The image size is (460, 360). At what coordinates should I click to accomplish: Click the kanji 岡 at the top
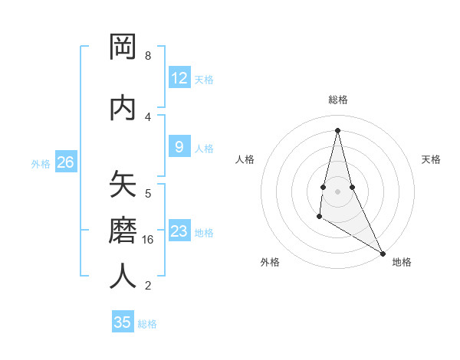point(123,47)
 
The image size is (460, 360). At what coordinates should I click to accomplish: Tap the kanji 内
point(123,108)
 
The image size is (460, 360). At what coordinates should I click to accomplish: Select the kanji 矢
point(123,185)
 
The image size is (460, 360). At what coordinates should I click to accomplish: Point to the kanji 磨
point(123,231)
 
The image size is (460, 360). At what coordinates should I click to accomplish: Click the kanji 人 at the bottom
point(123,277)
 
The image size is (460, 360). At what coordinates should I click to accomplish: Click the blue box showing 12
point(179,78)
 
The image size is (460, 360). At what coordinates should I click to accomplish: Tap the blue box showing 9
point(179,147)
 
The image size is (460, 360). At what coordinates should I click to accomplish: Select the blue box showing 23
point(179,231)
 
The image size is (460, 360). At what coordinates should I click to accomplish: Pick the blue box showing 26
point(65,162)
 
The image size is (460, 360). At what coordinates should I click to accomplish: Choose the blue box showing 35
point(123,322)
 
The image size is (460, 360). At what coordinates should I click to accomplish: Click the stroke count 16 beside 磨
point(149,240)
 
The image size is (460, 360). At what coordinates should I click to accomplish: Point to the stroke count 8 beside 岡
point(148,56)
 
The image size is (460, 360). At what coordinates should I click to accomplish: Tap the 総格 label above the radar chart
point(337,100)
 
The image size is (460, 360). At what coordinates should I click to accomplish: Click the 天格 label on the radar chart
point(431,159)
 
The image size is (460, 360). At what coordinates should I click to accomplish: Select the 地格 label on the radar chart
point(402,262)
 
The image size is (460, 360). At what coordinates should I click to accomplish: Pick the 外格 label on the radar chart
point(270,262)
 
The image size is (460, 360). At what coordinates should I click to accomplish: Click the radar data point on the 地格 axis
point(383,254)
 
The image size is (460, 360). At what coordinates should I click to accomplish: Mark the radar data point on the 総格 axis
point(337,130)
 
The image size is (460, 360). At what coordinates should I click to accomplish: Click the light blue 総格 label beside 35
point(147,324)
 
